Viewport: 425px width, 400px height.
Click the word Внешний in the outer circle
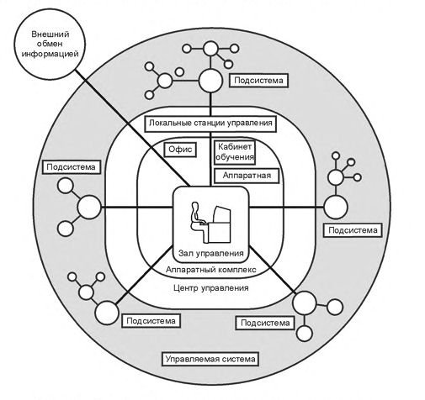50,34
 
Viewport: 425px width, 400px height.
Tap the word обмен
50,44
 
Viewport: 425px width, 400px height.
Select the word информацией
50,54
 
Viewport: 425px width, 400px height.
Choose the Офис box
180,150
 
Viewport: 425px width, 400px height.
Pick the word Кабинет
235,146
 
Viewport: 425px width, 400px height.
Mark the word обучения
235,157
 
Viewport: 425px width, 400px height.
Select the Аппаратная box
247,176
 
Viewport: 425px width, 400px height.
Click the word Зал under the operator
185,253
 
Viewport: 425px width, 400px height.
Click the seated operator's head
195,206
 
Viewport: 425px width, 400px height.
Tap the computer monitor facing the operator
222,214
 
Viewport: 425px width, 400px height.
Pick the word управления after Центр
225,288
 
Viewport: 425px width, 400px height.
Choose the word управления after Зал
219,254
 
